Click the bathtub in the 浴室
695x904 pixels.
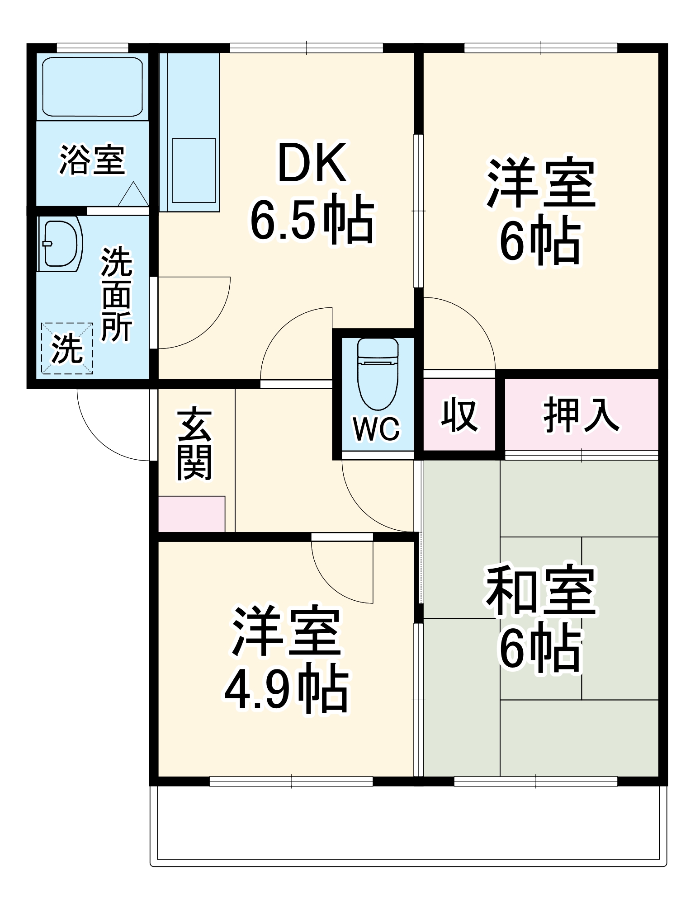[x=92, y=86]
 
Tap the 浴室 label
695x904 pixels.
[x=92, y=160]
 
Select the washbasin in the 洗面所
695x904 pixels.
[x=60, y=244]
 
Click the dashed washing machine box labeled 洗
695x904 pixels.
[x=67, y=348]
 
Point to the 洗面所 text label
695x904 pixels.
[x=117, y=294]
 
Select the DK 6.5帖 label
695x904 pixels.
[x=312, y=192]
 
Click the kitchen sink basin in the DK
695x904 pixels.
[x=194, y=170]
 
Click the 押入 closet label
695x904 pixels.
[x=581, y=414]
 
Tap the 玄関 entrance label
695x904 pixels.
[x=194, y=444]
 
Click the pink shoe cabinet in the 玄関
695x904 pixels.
[x=191, y=514]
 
